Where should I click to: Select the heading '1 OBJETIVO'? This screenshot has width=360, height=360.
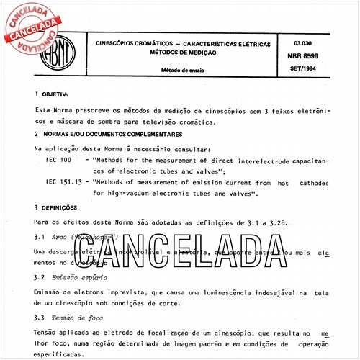[50, 94]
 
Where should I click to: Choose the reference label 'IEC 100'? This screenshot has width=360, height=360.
[58, 159]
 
